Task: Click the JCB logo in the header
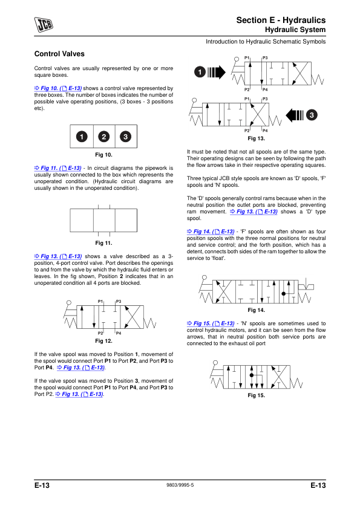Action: (44, 25)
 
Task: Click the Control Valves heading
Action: (59, 54)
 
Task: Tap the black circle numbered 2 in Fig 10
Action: (103, 137)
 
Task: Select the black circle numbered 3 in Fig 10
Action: (125, 137)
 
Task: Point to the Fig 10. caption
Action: (103, 155)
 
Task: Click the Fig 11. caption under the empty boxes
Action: (103, 243)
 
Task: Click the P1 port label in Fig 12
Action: (100, 301)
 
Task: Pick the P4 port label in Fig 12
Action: (119, 333)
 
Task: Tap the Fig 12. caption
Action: (103, 341)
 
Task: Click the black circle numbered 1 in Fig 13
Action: (200, 72)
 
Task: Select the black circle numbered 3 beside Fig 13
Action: (312, 115)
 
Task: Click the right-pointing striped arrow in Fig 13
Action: (217, 72)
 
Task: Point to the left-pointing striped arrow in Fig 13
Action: (295, 115)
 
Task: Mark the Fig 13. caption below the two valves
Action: (257, 138)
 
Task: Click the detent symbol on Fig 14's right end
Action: (306, 285)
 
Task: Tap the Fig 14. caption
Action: (257, 310)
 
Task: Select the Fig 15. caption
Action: (257, 395)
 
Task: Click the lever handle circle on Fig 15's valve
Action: (215, 363)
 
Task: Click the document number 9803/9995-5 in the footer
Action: (180, 485)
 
